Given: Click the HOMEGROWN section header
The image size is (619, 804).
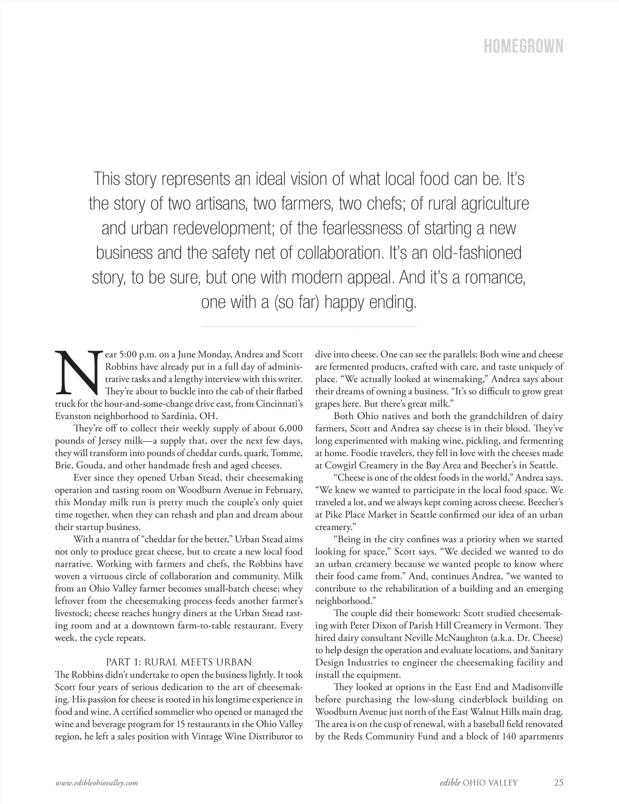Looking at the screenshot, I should (523, 46).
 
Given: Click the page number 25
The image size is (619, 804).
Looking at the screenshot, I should (558, 782).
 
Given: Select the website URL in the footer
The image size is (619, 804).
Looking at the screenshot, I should (96, 782).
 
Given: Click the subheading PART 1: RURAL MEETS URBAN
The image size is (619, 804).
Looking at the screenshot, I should (178, 662).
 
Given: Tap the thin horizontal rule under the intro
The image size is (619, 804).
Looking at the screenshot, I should (308, 327).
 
